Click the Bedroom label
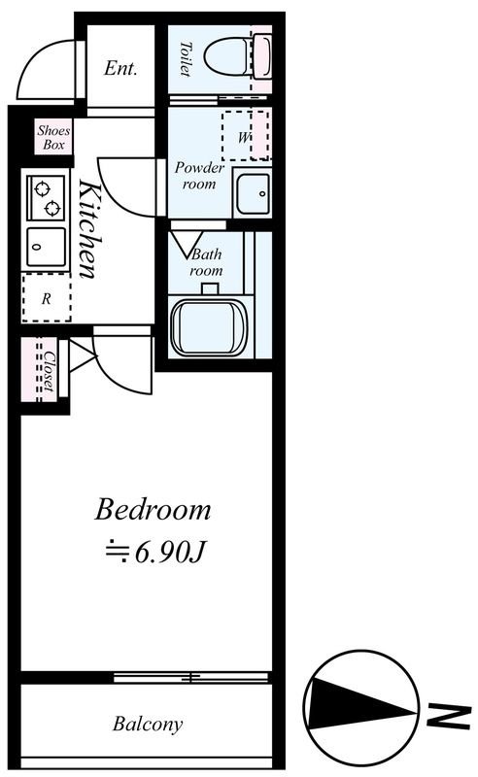(x=153, y=509)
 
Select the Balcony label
(x=148, y=724)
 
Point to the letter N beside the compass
(x=449, y=712)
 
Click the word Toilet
(x=185, y=59)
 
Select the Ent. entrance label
(x=120, y=68)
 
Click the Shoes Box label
(x=53, y=138)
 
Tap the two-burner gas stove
(x=46, y=198)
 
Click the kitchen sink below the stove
(x=46, y=247)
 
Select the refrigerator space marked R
(x=46, y=297)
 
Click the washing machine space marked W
(x=246, y=135)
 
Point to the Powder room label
(x=199, y=176)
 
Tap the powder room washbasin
(x=253, y=192)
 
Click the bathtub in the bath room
(x=209, y=326)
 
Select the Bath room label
(x=207, y=262)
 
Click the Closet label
(x=49, y=371)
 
